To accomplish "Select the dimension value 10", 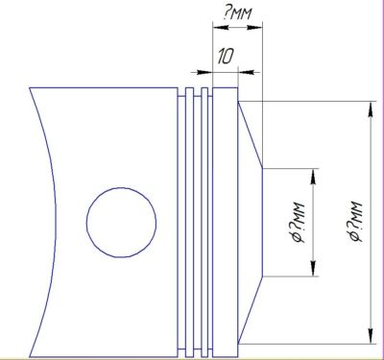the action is pyautogui.click(x=226, y=56).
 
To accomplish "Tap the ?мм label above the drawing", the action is pyautogui.click(x=238, y=13).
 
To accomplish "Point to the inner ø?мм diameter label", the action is pyautogui.click(x=296, y=222).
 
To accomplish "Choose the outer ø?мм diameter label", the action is pyautogui.click(x=355, y=221).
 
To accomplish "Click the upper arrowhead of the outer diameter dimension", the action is pyautogui.click(x=371, y=110).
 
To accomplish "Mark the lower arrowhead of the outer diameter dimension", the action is pyautogui.click(x=371, y=335).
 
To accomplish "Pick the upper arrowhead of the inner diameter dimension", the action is pyautogui.click(x=313, y=176).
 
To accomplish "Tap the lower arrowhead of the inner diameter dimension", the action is pyautogui.click(x=313, y=269).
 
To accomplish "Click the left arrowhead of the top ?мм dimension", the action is pyautogui.click(x=221, y=28).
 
